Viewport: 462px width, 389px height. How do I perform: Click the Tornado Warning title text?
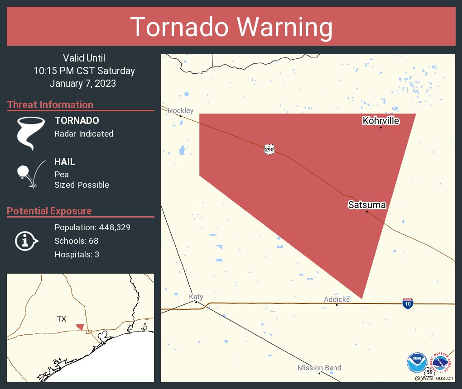231,27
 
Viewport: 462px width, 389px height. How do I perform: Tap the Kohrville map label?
381,121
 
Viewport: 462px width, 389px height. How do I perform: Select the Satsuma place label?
367,205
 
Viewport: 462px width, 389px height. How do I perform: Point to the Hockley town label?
181,111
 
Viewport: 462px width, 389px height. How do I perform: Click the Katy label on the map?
196,297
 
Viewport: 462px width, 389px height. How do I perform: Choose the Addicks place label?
337,299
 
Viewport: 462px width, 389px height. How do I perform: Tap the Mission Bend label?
319,368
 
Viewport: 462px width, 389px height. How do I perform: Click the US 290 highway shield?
269,149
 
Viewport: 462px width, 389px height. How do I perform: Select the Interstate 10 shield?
408,304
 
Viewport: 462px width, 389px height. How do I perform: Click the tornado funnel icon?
30,133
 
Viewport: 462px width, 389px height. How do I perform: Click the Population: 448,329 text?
92,228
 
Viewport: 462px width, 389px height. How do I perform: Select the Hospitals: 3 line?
77,255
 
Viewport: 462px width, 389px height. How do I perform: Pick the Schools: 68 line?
77,241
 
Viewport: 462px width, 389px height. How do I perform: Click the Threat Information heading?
50,105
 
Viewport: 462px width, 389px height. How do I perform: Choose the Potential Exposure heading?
49,211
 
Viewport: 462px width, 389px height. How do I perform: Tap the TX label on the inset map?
62,319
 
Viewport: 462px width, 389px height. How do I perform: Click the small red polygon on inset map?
80,327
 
